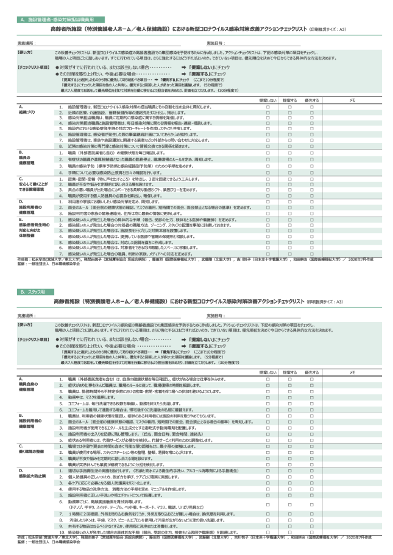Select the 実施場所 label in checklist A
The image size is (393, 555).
(x=27, y=43)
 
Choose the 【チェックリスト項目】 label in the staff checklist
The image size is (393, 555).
(x=34, y=338)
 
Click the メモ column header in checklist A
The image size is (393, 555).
(x=352, y=99)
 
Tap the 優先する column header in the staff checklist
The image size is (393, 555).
(x=310, y=371)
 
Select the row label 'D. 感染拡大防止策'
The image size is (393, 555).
(x=30, y=456)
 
